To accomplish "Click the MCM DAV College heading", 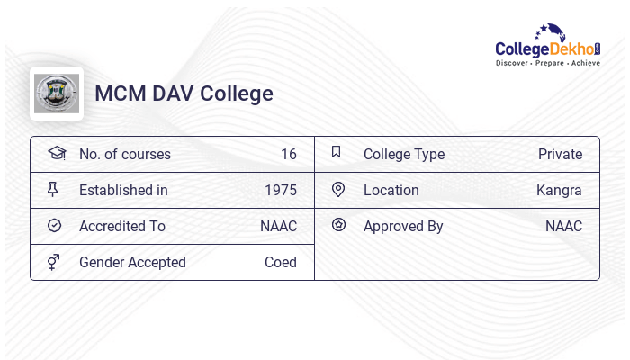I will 184,94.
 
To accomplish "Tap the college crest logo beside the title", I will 57,94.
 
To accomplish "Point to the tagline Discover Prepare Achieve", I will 548,64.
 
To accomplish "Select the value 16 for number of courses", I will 288,155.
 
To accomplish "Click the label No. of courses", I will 124,155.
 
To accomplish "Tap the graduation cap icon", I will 56,153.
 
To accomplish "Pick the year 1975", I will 280,191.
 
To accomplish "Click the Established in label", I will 123,191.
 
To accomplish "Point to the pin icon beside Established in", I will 54,189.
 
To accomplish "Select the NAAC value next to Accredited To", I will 278,227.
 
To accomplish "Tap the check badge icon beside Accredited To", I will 54,226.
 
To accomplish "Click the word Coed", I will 280,263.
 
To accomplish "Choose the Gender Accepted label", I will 132,263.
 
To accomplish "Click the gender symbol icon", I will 54,262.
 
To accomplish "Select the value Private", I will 560,155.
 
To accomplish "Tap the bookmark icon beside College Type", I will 337,152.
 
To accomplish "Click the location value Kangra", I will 559,191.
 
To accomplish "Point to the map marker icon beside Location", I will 338,189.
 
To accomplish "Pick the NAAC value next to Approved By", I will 563,227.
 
